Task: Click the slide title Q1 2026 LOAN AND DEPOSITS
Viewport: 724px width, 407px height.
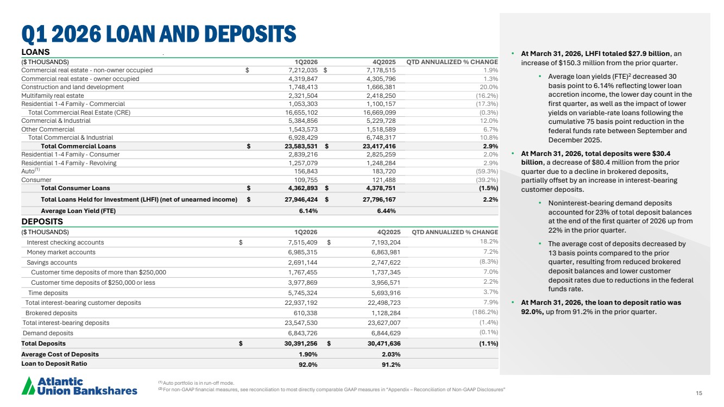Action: point(159,34)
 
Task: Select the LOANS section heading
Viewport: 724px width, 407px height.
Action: point(35,52)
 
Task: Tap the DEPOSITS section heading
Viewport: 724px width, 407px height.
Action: point(42,222)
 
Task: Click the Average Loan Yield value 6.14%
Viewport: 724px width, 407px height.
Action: point(307,211)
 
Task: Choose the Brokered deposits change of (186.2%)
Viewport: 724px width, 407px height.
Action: point(482,312)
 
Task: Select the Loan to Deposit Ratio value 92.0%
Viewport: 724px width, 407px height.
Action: point(308,364)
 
